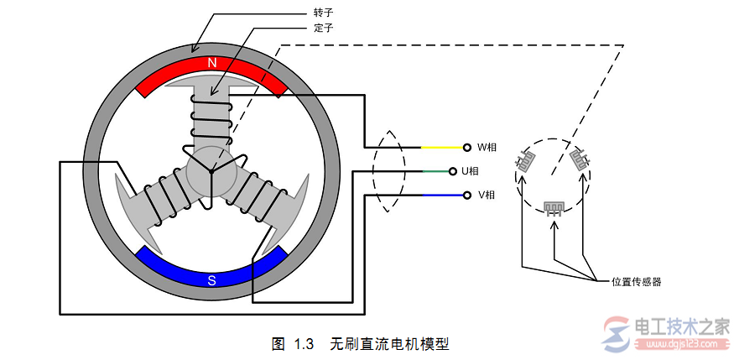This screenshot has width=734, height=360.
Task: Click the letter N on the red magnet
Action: pos(211,63)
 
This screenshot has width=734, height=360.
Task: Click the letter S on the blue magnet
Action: pos(211,280)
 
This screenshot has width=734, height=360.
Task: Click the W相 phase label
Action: pos(487,147)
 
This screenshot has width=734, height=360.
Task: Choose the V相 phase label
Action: pos(487,196)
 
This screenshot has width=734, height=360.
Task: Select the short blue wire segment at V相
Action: pos(442,196)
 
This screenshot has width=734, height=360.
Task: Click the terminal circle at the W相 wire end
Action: pos(466,147)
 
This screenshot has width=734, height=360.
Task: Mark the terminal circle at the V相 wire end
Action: pos(466,196)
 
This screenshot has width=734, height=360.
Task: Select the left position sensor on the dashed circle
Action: pos(526,159)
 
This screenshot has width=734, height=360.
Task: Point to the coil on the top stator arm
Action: pos(211,120)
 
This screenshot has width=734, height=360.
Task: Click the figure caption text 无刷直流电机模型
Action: pos(390,344)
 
